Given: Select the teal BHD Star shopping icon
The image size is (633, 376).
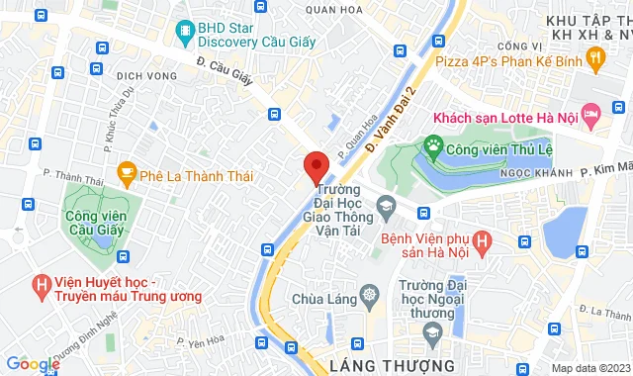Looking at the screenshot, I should pos(183,34).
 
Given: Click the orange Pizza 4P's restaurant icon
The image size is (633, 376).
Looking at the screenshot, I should pos(594,60).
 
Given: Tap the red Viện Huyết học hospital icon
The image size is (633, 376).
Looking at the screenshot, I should pos(42,287).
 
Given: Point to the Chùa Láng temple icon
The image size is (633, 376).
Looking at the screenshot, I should pos(370,297).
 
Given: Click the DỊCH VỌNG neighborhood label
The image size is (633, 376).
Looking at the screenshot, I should pos(145,75).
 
